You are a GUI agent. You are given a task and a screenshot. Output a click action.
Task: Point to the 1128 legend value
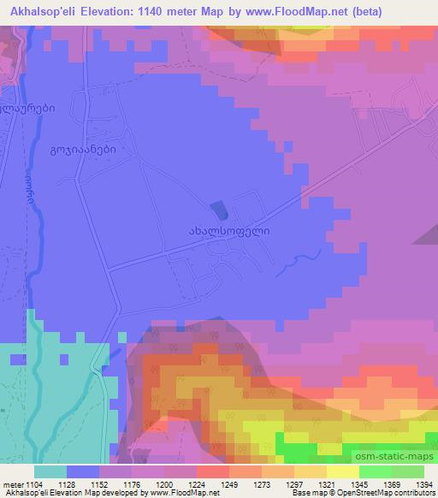(83, 485)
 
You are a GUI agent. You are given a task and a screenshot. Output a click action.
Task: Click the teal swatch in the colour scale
(50, 471)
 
